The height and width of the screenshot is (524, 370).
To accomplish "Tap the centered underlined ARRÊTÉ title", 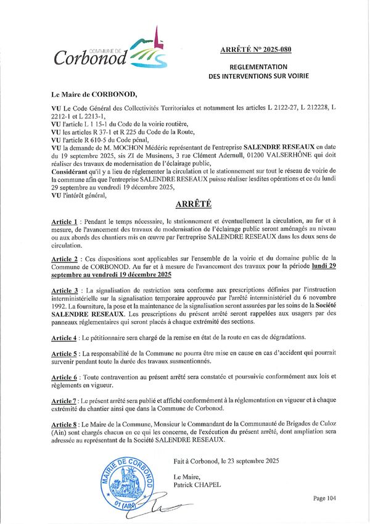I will tap(184, 206).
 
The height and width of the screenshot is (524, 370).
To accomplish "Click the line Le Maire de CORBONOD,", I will tap(96, 96).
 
